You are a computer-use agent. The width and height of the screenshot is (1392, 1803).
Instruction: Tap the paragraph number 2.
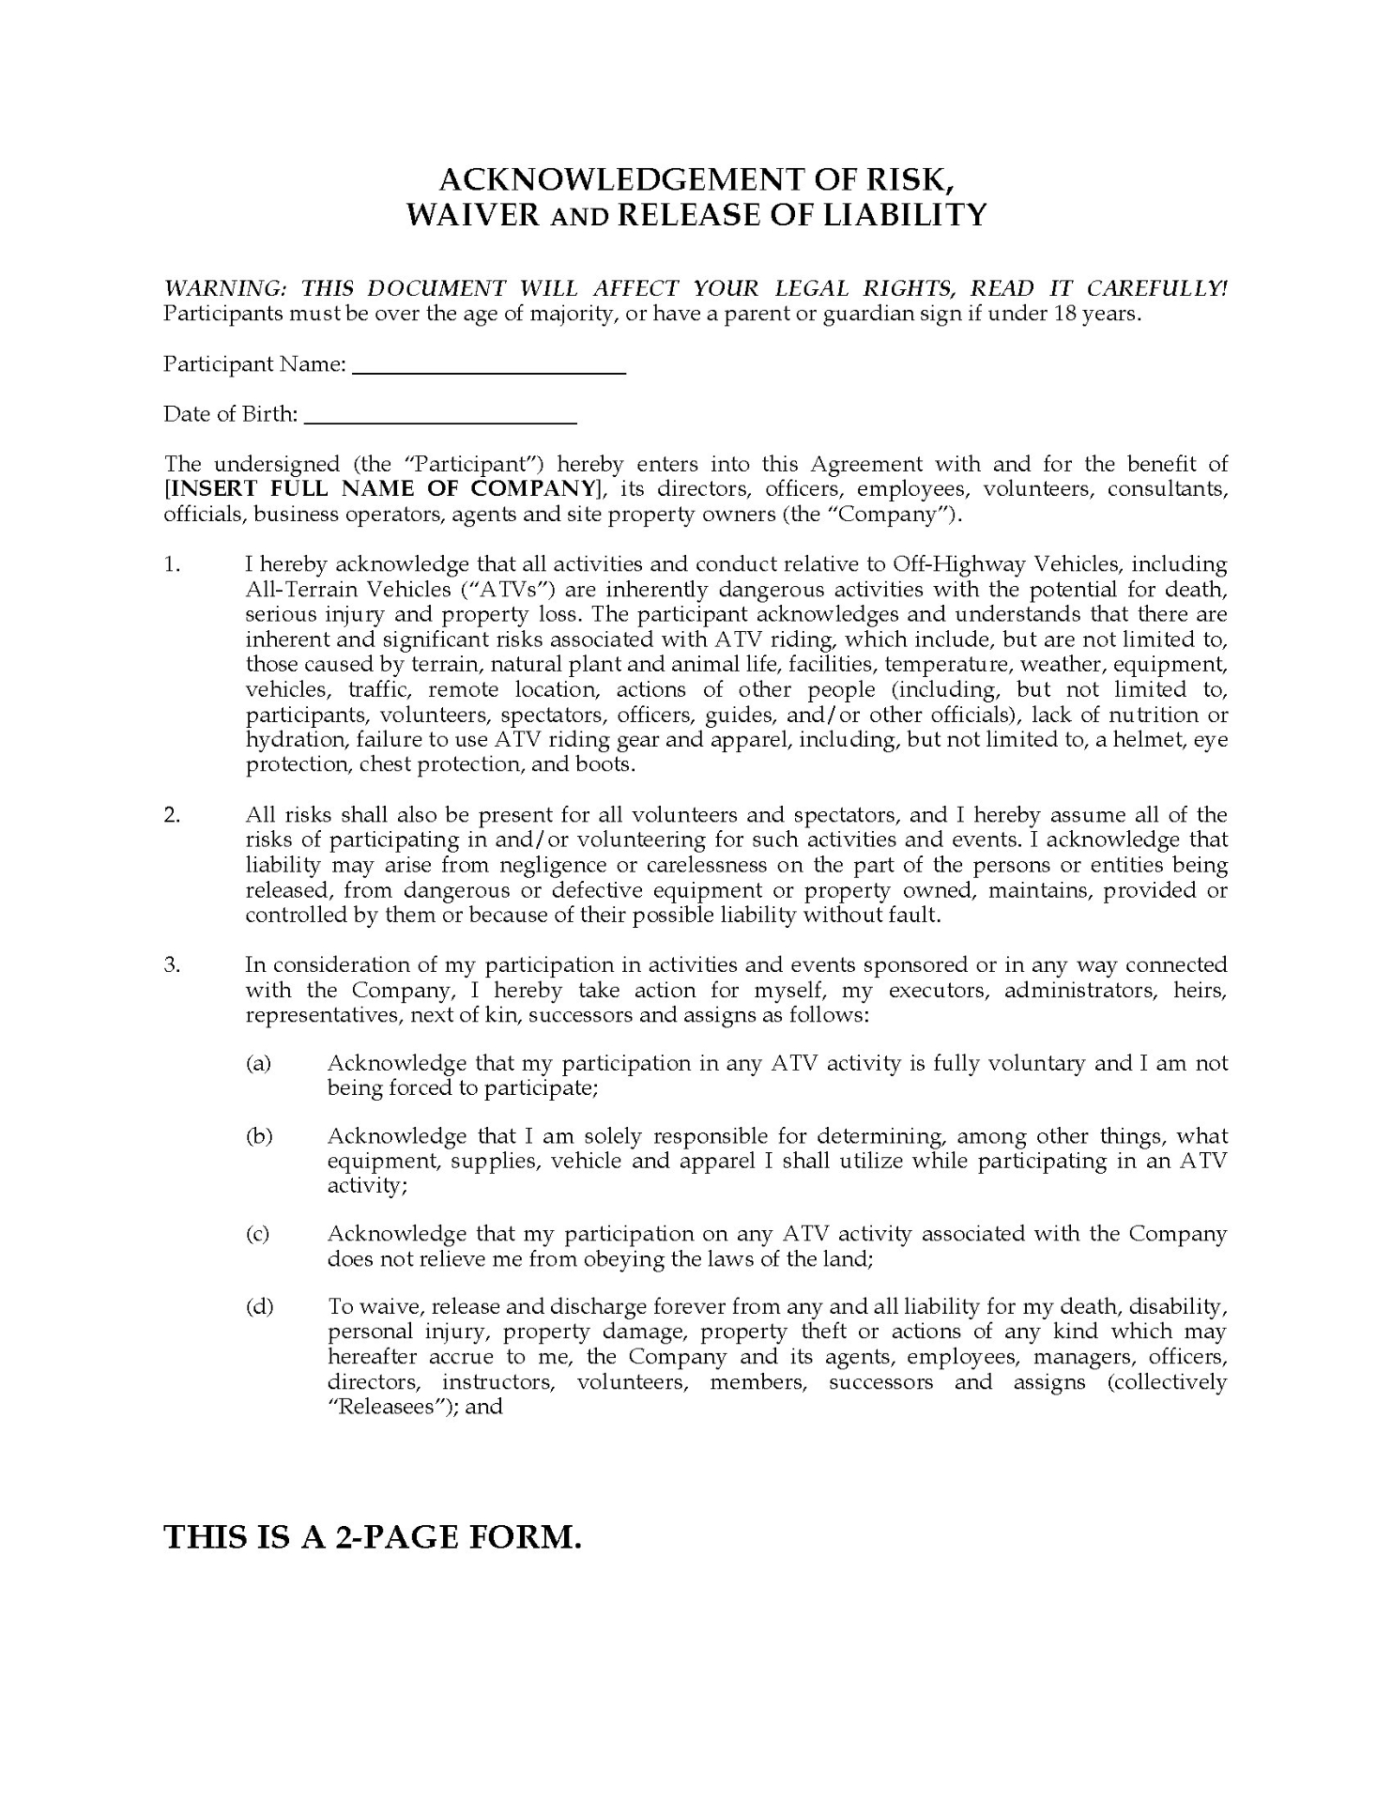[172, 814]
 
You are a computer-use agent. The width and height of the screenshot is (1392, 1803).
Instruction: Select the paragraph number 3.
[172, 964]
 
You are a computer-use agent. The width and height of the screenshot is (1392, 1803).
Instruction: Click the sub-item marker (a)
[258, 1063]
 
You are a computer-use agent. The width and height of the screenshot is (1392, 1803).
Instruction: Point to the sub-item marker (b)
[259, 1136]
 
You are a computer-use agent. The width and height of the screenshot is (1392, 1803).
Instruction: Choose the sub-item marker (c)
[258, 1234]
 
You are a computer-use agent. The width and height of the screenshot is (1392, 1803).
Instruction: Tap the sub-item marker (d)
[259, 1306]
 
